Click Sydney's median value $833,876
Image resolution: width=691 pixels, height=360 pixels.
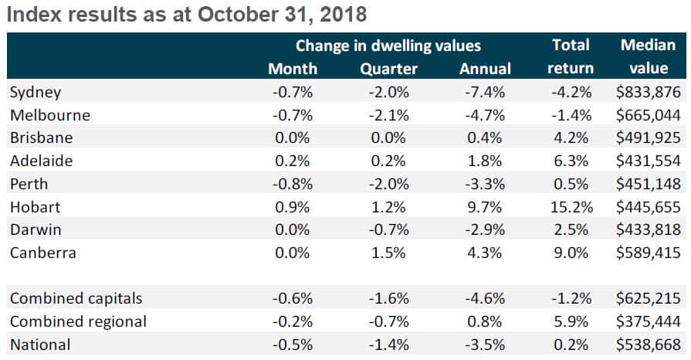[649, 93]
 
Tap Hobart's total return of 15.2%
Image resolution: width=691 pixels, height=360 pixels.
[571, 207]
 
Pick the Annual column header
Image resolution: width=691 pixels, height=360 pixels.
[485, 69]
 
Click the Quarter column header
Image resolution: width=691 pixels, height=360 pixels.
[388, 69]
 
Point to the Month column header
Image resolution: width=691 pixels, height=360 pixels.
[293, 69]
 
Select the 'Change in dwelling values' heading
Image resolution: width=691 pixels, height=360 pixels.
[388, 46]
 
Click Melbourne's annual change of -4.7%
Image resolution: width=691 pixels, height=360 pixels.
[486, 116]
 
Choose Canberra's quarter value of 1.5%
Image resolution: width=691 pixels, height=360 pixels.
[390, 253]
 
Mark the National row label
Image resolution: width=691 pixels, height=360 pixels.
[39, 345]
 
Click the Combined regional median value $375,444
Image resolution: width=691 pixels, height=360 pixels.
[649, 321]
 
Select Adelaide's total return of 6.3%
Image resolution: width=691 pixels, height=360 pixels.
[574, 161]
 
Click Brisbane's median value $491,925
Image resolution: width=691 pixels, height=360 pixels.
[649, 138]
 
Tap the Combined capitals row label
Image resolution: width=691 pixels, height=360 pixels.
[76, 298]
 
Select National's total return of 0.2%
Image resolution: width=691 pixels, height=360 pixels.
[574, 345]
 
